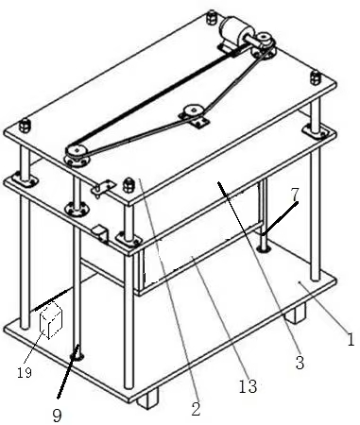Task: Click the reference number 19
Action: pyautogui.click(x=25, y=373)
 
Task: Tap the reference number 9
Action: pyautogui.click(x=57, y=416)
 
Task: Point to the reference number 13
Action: pyautogui.click(x=248, y=386)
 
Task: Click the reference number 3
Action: pyautogui.click(x=300, y=363)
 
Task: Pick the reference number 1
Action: pyautogui.click(x=351, y=339)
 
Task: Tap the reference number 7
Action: pyautogui.click(x=295, y=195)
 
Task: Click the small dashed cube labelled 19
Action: pyautogui.click(x=50, y=320)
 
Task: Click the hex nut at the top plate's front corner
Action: pyautogui.click(x=129, y=185)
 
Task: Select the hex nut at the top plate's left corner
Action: pyautogui.click(x=25, y=126)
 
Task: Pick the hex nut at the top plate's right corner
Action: pyautogui.click(x=316, y=77)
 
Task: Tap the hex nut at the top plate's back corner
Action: pyautogui.click(x=212, y=17)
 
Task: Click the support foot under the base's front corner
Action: pyautogui.click(x=148, y=398)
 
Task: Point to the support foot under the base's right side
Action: pyautogui.click(x=296, y=313)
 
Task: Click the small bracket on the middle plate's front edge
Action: pyautogui.click(x=100, y=234)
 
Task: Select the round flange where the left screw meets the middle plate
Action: pyautogui.click(x=76, y=209)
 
